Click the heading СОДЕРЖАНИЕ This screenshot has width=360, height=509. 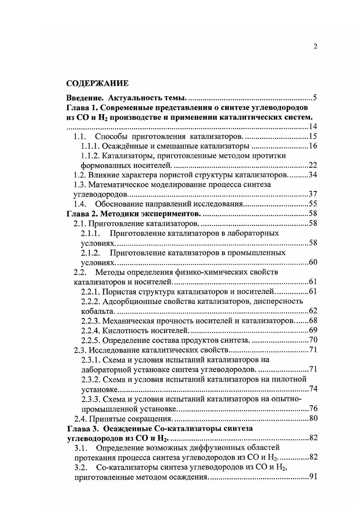98,83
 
